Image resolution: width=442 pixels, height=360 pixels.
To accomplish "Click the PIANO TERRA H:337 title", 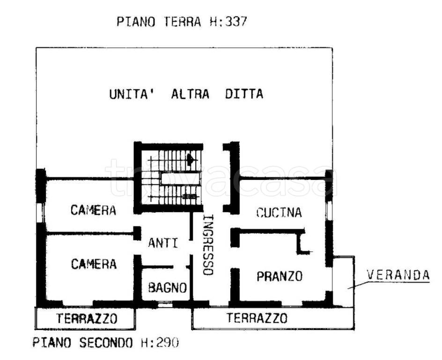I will point(181,22).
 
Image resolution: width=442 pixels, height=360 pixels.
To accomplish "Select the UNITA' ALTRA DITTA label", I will point(186,94).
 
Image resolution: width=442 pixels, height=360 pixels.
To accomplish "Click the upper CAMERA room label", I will point(93,210).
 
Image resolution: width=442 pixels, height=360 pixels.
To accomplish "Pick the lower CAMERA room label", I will point(94,264).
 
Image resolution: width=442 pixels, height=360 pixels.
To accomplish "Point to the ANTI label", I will point(163,243).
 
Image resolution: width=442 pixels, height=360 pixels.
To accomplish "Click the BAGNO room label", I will point(168,288).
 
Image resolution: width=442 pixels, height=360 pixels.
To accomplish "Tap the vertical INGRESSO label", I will point(208,245).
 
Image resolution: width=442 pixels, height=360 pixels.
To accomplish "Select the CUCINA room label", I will point(279,213).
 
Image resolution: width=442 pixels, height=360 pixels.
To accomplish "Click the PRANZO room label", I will point(280,276).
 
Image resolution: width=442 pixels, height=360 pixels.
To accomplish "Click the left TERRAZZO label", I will point(87,319).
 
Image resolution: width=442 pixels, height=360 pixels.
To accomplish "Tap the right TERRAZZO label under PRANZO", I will point(257,319).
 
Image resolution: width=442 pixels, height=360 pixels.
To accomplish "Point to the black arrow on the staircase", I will point(190,160).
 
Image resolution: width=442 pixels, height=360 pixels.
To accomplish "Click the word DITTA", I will point(244,94).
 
